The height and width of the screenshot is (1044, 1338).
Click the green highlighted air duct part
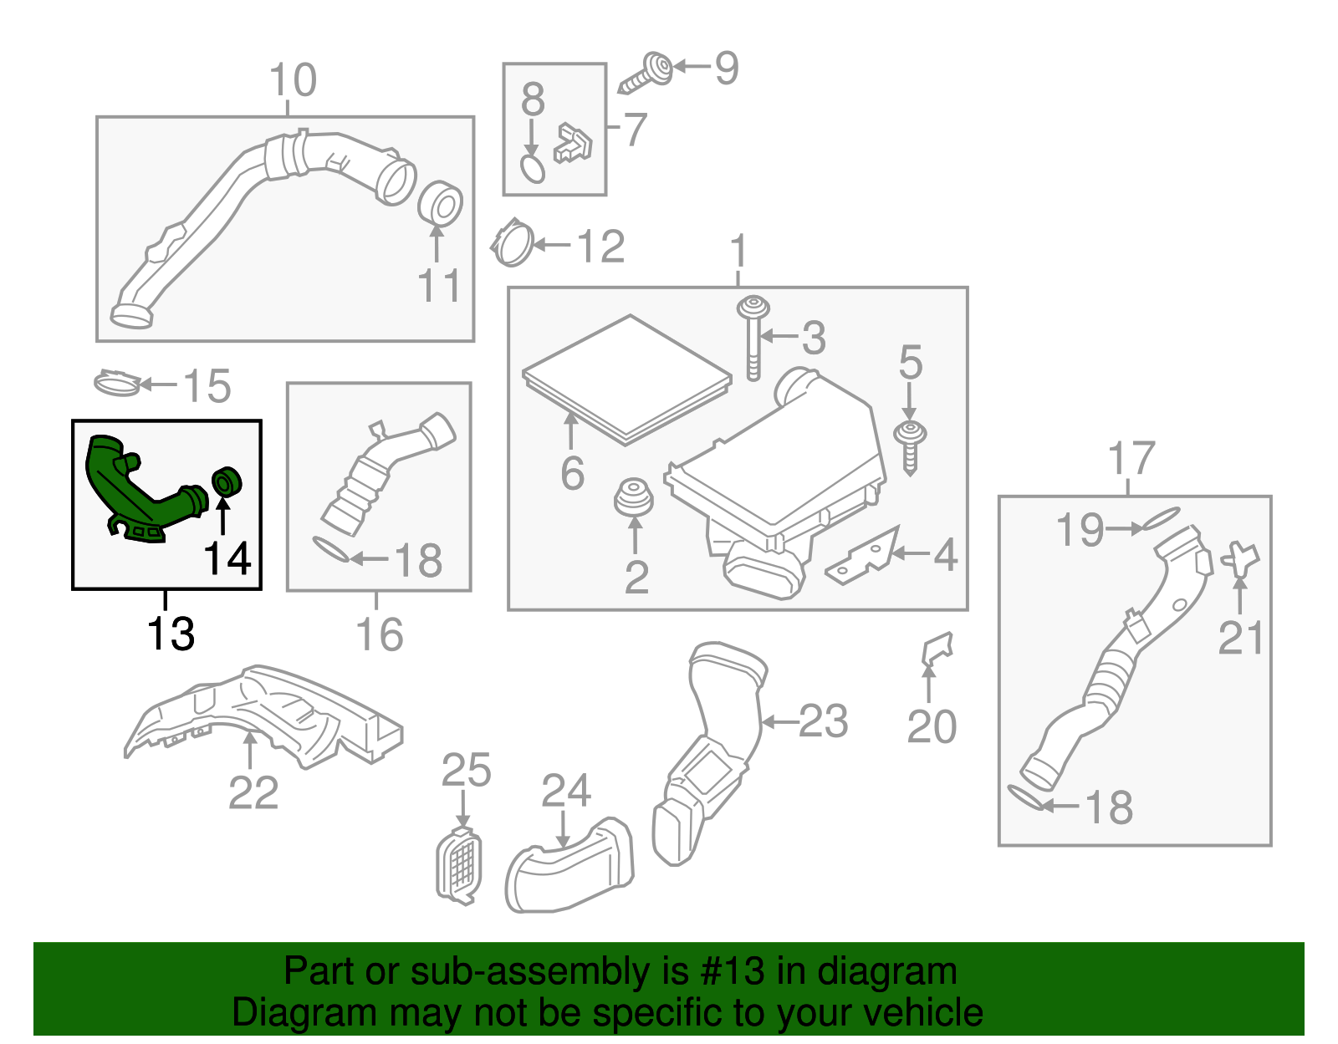138,493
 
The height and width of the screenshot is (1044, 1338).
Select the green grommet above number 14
226,482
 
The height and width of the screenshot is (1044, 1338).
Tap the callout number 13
171,634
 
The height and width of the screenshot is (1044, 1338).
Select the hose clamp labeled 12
513,243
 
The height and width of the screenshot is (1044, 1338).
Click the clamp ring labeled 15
116,384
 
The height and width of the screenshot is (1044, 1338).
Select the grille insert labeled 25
460,865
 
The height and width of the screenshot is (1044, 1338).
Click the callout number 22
253,792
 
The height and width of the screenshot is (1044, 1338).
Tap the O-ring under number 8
533,168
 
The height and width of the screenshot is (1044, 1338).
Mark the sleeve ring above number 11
440,204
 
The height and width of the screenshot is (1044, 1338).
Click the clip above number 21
1240,558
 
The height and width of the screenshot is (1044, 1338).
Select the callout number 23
824,721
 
